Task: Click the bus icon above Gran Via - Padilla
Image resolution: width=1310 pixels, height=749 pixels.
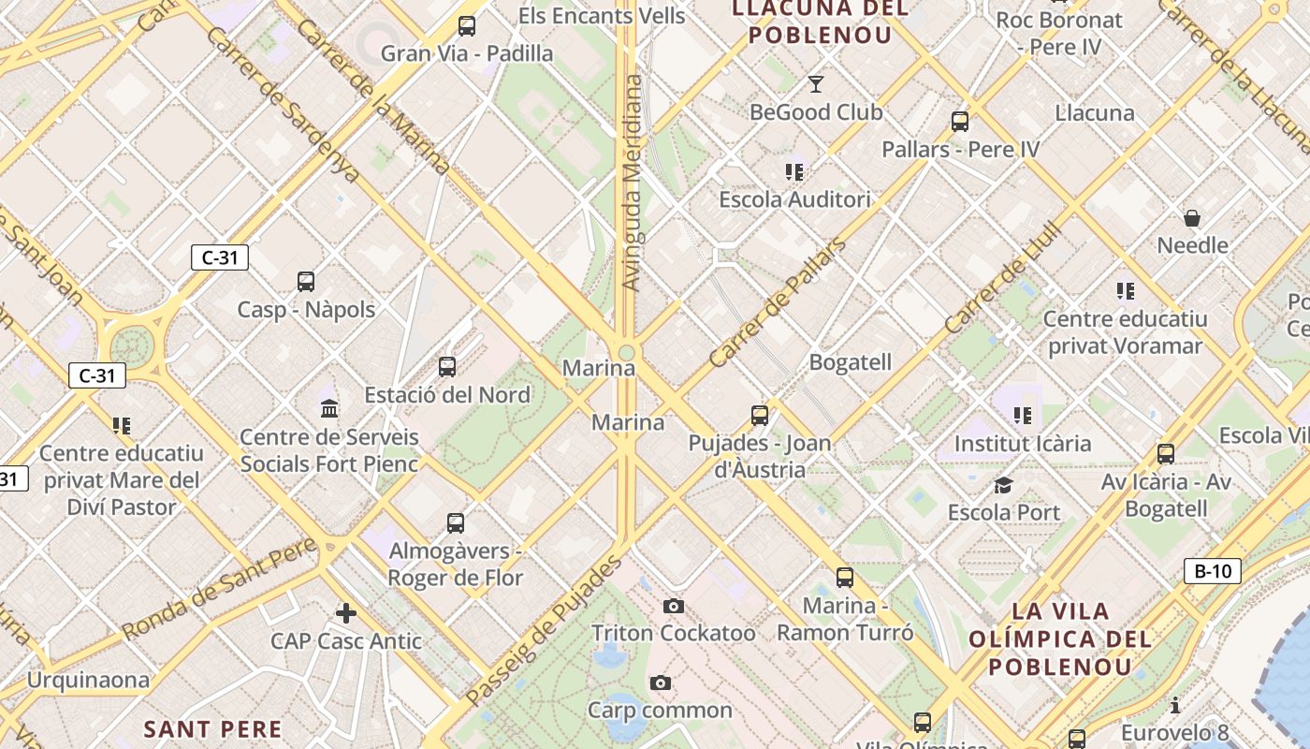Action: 467,26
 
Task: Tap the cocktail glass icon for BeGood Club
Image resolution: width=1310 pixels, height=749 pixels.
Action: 816,84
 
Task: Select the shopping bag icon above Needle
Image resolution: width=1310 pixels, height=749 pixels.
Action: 1192,218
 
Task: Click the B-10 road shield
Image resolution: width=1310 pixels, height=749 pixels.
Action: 1213,571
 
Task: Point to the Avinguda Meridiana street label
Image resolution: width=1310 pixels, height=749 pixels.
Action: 633,183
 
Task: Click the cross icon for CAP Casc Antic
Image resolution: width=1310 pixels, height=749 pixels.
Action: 346,613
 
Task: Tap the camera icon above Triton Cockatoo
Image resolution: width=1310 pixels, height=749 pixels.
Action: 673,606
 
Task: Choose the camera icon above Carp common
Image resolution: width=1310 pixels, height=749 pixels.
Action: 661,683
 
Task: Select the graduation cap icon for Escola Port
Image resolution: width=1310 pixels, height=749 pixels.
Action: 1003,485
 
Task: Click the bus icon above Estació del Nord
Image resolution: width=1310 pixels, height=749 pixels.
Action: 447,366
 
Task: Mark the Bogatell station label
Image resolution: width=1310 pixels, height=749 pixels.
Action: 850,362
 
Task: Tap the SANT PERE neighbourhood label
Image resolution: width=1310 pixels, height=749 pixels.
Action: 212,728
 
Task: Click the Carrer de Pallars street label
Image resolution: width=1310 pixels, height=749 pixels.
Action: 777,303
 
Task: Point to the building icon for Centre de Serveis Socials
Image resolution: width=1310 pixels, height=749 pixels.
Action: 329,408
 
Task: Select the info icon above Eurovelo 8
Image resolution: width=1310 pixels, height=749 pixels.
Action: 1175,705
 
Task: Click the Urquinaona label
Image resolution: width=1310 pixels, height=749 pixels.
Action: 88,680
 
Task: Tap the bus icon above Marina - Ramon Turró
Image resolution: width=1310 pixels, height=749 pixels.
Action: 845,578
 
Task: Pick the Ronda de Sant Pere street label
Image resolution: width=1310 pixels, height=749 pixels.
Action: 220,590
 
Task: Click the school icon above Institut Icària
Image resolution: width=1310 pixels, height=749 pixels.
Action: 1022,414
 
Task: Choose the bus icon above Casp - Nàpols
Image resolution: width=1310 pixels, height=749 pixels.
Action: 306,281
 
